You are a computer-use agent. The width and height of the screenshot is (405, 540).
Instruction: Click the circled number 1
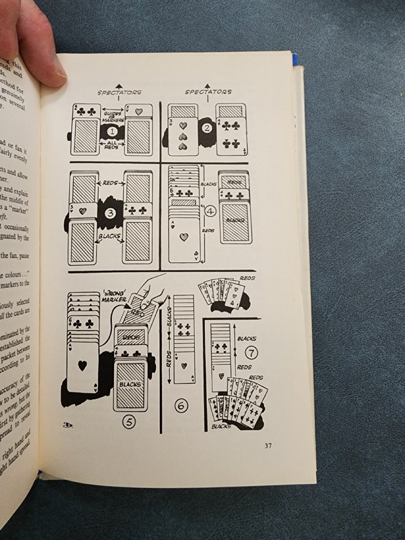tap(112, 131)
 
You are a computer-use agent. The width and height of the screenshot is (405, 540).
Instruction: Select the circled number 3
tap(110, 213)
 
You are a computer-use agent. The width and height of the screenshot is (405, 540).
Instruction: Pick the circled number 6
tap(181, 406)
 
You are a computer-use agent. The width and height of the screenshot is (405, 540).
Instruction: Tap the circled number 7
tap(251, 351)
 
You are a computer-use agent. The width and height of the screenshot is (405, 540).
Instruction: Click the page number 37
tap(268, 446)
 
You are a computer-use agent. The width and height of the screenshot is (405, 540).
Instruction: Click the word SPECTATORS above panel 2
tap(208, 92)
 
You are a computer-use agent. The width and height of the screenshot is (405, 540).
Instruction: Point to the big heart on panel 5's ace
tap(83, 366)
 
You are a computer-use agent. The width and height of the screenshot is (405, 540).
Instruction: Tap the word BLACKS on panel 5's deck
tap(130, 384)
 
